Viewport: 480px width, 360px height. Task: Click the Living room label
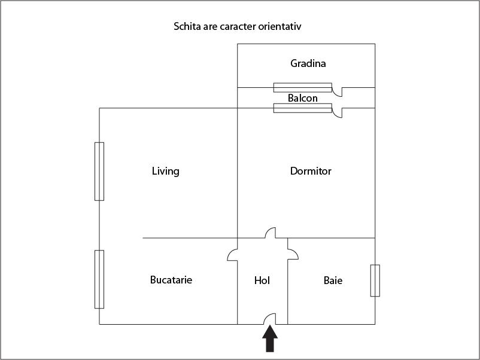[x=165, y=172]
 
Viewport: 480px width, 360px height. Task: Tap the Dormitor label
[x=311, y=172]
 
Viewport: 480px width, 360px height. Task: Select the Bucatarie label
[x=171, y=280]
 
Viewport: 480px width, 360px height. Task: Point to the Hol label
[x=262, y=280]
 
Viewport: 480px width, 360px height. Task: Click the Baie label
[x=333, y=280]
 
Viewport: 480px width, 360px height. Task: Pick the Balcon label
[x=302, y=98]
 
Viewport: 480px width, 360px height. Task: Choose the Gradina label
[x=308, y=63]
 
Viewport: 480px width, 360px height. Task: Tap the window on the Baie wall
[x=375, y=280]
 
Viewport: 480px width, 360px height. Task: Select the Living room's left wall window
[x=99, y=171]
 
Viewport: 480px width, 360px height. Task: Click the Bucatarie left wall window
[x=99, y=279]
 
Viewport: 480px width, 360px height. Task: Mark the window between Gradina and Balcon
[x=302, y=87]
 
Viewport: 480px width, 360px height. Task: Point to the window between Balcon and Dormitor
[x=302, y=108]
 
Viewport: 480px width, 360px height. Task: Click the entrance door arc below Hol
[x=270, y=319]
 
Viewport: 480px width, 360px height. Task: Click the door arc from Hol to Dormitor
[x=271, y=233]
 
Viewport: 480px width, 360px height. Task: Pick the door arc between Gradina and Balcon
[x=338, y=92]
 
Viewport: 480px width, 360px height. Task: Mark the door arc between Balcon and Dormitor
[x=338, y=113]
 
